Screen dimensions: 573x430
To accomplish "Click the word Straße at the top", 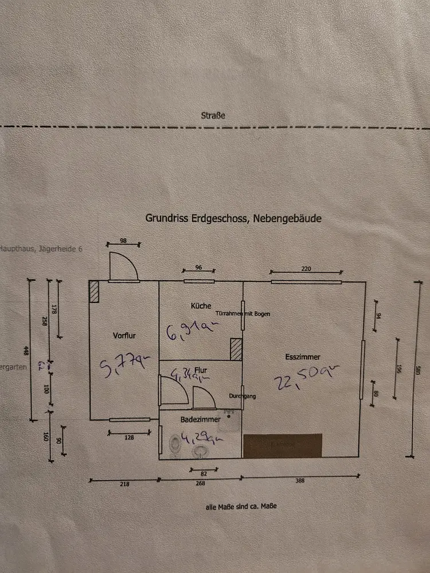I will [x=213, y=116].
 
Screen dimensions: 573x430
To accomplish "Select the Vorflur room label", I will [x=124, y=336].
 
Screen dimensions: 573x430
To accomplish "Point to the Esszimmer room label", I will [x=303, y=357].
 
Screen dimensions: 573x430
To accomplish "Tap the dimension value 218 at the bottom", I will [x=124, y=484].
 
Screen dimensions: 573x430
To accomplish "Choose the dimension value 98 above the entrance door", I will [x=123, y=241].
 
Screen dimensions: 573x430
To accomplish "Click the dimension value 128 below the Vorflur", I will [x=129, y=437].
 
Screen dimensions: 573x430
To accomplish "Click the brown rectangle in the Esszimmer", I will [x=283, y=446].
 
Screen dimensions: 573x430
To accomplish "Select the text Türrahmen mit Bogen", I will [x=243, y=314].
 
